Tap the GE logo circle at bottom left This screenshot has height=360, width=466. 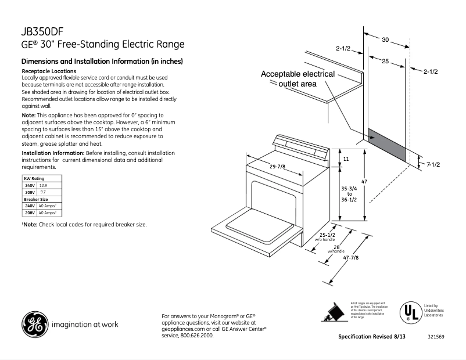34,324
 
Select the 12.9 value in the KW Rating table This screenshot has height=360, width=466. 42,185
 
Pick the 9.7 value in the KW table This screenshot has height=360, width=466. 42,192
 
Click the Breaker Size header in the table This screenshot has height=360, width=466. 36,199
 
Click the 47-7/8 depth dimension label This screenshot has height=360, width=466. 350,258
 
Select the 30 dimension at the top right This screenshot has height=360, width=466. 385,40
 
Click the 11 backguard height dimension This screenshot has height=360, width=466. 345,159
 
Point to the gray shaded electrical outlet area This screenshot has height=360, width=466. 386,144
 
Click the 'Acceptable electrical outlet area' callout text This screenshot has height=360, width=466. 297,79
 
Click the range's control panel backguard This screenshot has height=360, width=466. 302,147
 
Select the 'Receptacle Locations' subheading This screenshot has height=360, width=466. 49,71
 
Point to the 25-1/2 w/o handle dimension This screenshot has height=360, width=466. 325,235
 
